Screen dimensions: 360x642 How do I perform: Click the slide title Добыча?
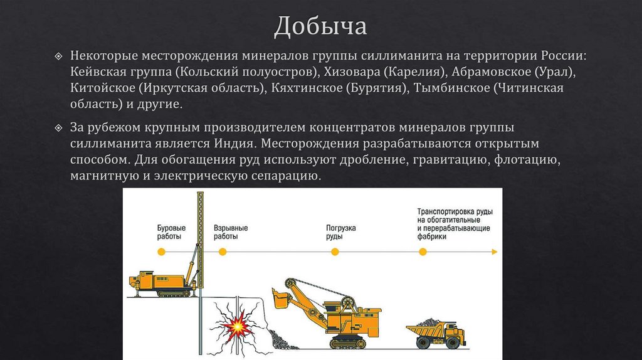click(320, 26)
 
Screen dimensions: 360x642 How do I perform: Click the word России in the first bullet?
click(557, 55)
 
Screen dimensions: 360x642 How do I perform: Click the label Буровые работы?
click(170, 232)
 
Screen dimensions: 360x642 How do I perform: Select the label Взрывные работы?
click(230, 232)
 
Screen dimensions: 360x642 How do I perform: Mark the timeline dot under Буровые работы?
click(161, 251)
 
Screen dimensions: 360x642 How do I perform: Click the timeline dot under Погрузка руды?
click(335, 251)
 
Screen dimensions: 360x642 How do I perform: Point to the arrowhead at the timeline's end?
click(495, 251)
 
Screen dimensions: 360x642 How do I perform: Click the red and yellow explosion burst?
click(239, 326)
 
